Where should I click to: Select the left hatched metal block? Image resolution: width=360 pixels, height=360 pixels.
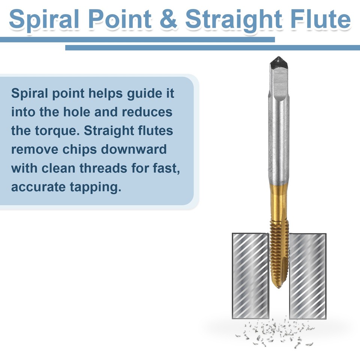250,276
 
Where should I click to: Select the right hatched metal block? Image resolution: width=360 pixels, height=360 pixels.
307,276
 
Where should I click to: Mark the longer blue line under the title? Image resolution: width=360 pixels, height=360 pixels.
212,48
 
